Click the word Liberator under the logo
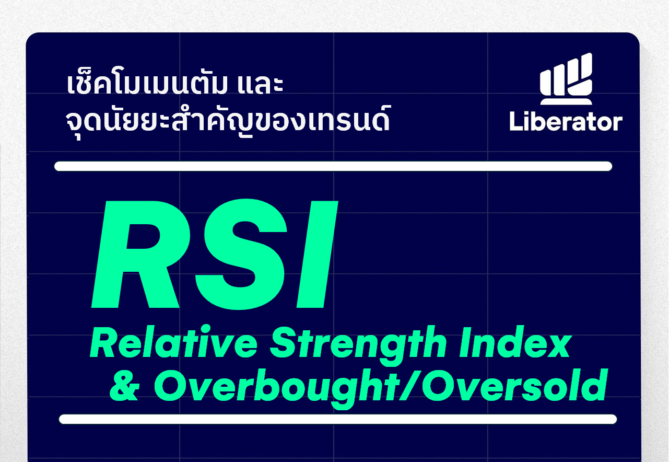click(x=566, y=121)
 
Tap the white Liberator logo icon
click(x=566, y=79)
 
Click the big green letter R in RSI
click(x=140, y=254)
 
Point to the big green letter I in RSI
click(x=317, y=254)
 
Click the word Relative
click(x=173, y=342)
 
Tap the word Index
click(x=515, y=342)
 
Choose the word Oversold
click(x=514, y=385)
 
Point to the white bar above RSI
click(x=333, y=166)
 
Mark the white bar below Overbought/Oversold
click(x=338, y=419)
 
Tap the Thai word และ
click(x=260, y=84)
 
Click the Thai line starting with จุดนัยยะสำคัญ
click(x=228, y=121)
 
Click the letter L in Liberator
click(x=515, y=121)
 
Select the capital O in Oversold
click(x=438, y=386)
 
